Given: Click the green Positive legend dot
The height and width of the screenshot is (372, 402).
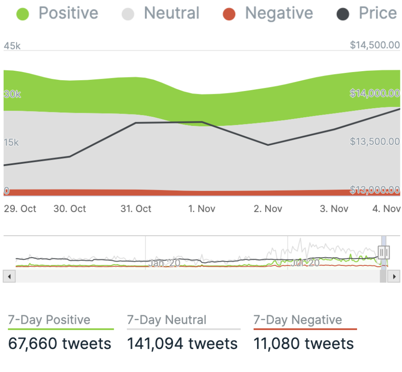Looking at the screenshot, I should (23, 14).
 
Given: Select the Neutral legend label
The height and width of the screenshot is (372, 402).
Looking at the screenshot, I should (171, 14).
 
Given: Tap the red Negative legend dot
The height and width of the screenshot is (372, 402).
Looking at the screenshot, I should (229, 14).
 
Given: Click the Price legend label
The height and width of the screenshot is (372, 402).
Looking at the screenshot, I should (378, 14).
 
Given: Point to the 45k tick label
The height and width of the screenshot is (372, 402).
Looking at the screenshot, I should (12, 46).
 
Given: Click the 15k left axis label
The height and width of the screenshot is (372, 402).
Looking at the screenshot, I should (12, 143).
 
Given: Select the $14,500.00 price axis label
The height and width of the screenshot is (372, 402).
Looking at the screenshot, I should (375, 45).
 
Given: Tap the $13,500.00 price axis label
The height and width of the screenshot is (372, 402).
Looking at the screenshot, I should (375, 142).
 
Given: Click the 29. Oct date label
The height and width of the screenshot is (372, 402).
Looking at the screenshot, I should (20, 209).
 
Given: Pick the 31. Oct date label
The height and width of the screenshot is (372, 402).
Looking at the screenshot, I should (136, 209).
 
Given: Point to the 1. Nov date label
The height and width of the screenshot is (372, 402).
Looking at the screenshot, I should (202, 209).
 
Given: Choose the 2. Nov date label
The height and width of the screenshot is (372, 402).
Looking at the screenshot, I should (268, 209).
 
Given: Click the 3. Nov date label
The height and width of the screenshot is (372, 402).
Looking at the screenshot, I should (334, 209).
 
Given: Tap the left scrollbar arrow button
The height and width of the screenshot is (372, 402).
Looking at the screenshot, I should (8, 277).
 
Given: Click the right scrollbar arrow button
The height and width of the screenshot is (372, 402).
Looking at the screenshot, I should (395, 277).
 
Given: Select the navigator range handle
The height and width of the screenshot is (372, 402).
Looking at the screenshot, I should (383, 251).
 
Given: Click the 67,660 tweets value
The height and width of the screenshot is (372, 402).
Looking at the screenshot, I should (60, 344).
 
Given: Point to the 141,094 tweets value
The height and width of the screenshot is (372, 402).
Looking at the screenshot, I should (182, 344).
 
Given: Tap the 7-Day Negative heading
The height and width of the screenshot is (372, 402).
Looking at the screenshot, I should (298, 320).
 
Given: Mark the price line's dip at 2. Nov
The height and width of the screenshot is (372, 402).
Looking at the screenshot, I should (268, 145).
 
